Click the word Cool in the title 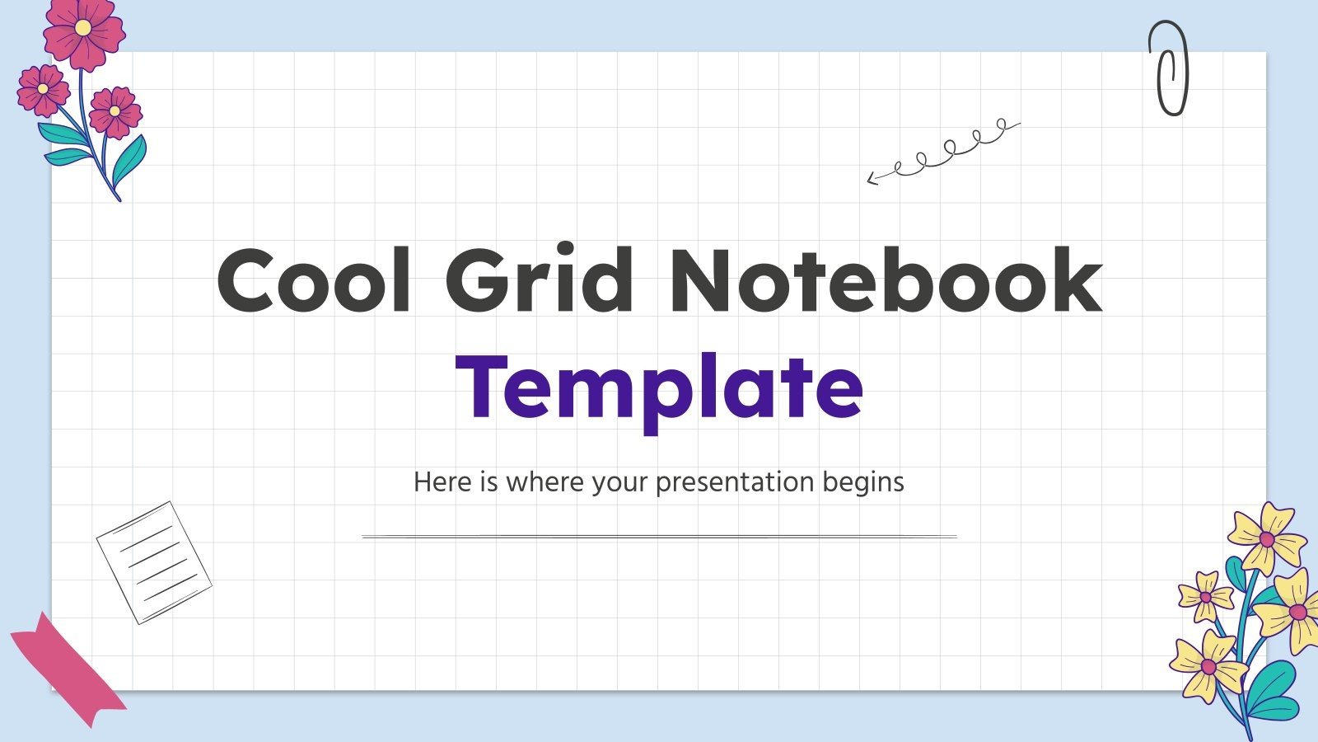pyautogui.click(x=313, y=280)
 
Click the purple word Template pyautogui.click(x=659, y=387)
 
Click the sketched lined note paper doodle pyautogui.click(x=153, y=562)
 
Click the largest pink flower pyautogui.click(x=82, y=33)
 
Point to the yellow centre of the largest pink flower pyautogui.click(x=82, y=27)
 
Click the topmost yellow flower pyautogui.click(x=1266, y=538)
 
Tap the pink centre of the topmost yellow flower pyautogui.click(x=1267, y=539)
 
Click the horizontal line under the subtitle pyautogui.click(x=659, y=537)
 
